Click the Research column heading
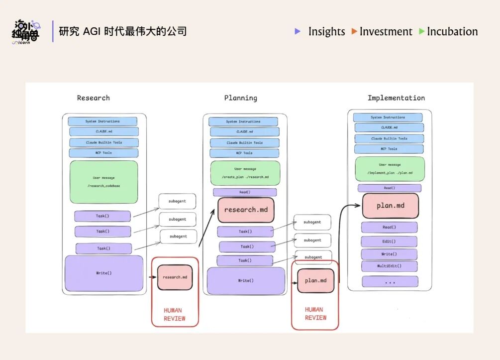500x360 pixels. tap(93, 98)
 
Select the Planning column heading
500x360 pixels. tap(240, 98)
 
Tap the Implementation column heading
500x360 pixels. tap(396, 98)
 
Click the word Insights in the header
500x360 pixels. tap(326, 32)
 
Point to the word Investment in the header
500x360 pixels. tap(386, 32)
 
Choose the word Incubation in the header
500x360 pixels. tap(452, 32)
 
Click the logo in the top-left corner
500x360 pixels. tap(26, 32)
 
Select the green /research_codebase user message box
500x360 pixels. tap(103, 182)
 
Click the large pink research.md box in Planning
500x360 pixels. tap(246, 210)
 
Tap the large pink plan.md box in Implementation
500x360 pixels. tap(390, 206)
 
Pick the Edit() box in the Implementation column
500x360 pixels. tap(389, 241)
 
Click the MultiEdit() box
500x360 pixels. tap(389, 266)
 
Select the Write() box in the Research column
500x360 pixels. tap(103, 273)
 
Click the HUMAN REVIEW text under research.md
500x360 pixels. tap(175, 314)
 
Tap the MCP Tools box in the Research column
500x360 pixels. tap(103, 153)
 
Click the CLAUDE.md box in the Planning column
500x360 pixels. tap(244, 132)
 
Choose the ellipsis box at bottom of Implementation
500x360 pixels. tap(390, 282)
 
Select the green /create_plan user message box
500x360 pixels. tap(245, 173)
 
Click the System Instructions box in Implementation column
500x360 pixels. tap(388, 118)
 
